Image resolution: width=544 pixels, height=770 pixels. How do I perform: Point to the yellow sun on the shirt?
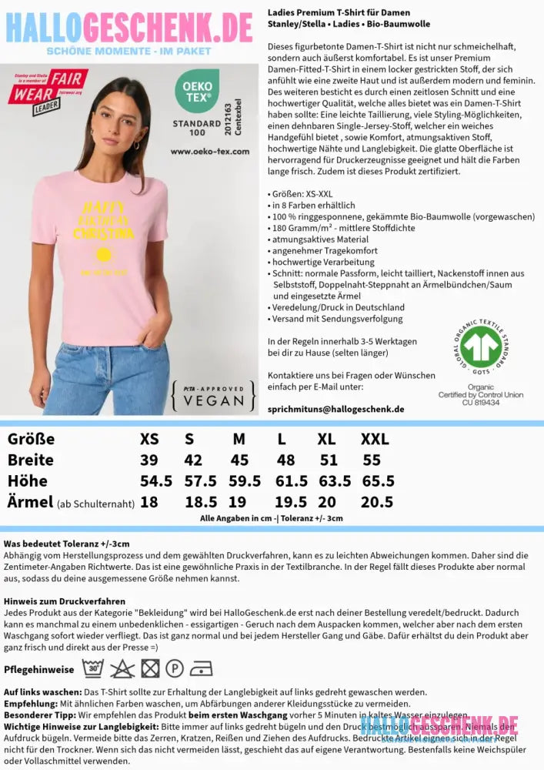coord(102,255)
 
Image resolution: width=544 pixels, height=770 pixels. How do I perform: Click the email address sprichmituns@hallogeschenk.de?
coord(335,409)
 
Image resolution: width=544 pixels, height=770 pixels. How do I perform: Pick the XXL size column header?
coord(375,440)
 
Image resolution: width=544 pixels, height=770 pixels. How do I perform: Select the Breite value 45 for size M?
coord(239,460)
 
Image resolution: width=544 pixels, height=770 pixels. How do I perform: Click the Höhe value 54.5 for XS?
coord(155,480)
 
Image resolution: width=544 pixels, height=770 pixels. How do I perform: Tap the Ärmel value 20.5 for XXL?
coord(377,502)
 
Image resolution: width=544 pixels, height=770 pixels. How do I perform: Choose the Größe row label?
coord(31,440)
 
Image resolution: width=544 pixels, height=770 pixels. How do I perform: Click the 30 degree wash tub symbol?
coord(93,668)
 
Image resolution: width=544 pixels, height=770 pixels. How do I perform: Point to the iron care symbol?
coord(202,668)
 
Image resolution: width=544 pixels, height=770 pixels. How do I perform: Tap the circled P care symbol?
coord(175,668)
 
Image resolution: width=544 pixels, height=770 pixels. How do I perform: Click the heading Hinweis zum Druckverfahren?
coord(65,601)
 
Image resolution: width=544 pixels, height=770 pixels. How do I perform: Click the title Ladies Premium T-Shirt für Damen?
coord(339,13)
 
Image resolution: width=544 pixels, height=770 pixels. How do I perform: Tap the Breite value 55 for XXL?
coord(372,460)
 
